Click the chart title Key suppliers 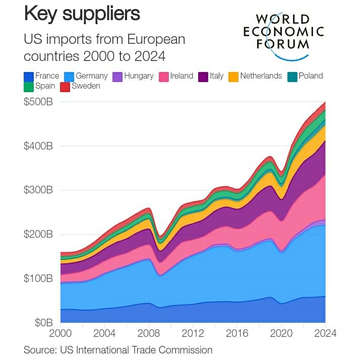[82, 14]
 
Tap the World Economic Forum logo [283, 31]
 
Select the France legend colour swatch [29, 77]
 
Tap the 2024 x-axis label [325, 333]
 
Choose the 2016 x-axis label [237, 333]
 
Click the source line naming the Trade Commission [118, 349]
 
